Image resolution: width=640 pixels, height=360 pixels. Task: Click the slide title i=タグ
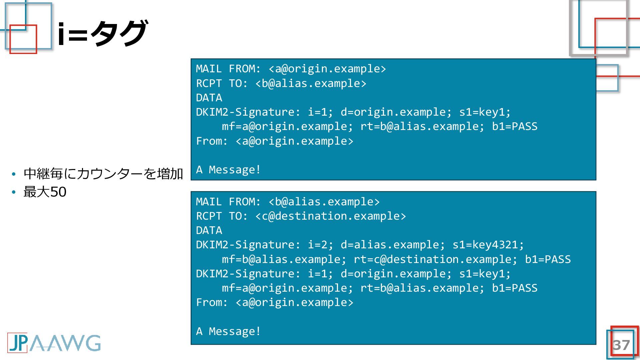(102, 33)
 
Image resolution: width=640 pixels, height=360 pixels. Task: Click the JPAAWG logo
(54, 343)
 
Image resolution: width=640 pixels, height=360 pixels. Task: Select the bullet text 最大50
(45, 192)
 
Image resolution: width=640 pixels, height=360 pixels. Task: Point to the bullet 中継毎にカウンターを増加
(103, 174)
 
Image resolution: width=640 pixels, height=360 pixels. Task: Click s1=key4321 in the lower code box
(488, 245)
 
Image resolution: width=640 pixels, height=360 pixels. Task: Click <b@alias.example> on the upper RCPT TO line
(311, 83)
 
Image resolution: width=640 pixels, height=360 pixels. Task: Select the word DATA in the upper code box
(209, 98)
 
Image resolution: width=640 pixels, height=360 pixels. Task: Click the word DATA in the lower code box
(209, 231)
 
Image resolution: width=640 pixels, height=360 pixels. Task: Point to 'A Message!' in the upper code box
(228, 170)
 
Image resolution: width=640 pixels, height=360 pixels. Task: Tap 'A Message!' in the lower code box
(228, 332)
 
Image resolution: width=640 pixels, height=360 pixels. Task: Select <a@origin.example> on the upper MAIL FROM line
(327, 69)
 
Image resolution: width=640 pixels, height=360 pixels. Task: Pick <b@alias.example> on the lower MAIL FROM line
(324, 202)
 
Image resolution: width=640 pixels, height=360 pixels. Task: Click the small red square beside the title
(23, 39)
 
